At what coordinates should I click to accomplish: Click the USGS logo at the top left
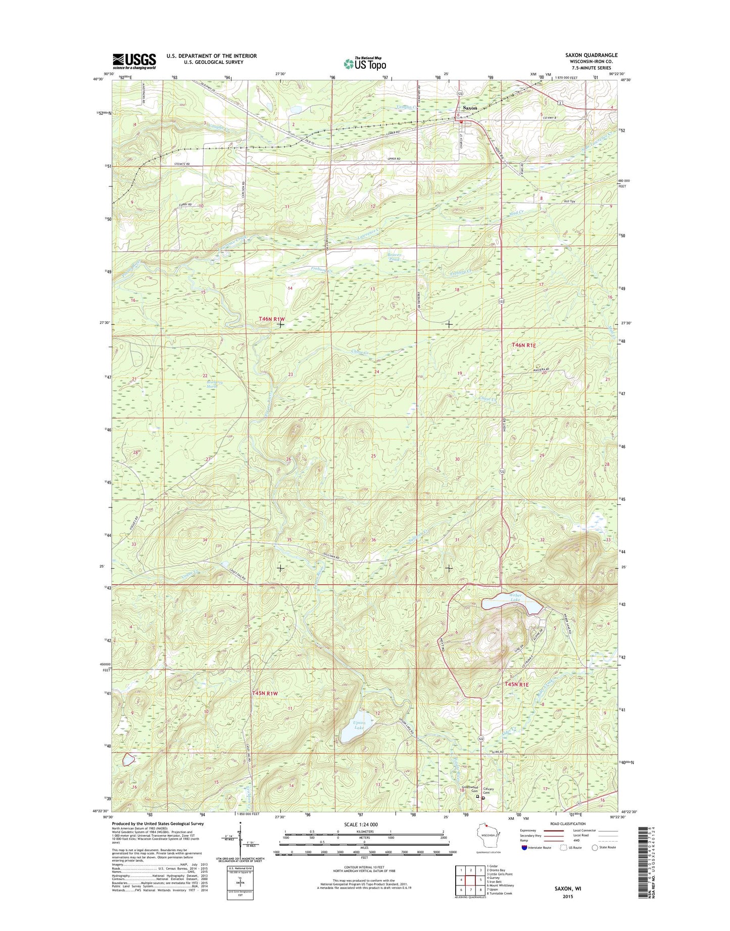click(x=134, y=61)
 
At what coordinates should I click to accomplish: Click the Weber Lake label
click(x=515, y=598)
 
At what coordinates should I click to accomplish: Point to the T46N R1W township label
click(x=272, y=319)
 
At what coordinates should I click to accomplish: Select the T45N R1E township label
click(x=516, y=684)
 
